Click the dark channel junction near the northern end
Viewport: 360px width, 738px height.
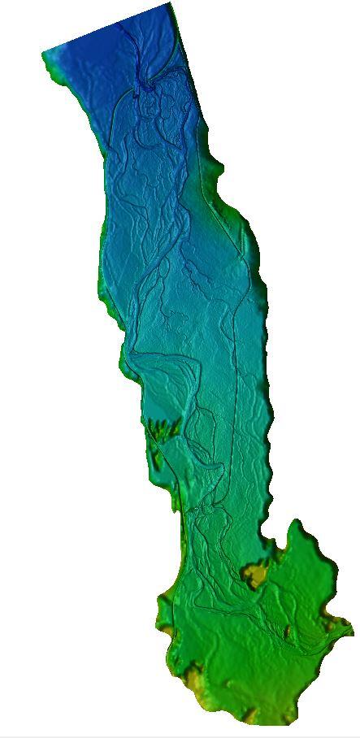click(150, 81)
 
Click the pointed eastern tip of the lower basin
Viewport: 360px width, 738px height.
click(350, 627)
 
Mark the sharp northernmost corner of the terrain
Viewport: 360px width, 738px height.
click(169, 4)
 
